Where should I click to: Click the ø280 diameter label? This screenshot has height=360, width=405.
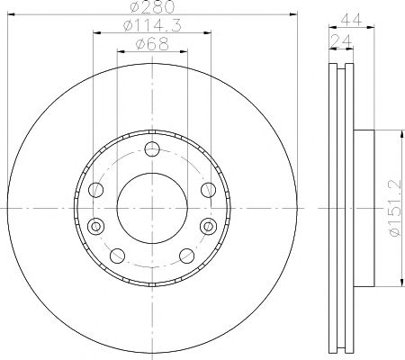point(152,6)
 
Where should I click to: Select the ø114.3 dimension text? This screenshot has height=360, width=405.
point(152,26)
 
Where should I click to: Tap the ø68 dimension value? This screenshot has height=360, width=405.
point(152,44)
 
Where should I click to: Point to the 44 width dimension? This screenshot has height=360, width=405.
point(352,20)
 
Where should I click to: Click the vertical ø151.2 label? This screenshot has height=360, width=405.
point(394,208)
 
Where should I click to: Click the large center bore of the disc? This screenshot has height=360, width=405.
point(152,208)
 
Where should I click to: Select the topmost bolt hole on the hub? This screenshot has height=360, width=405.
point(152,149)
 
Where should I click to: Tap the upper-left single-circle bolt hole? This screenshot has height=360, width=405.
point(96,190)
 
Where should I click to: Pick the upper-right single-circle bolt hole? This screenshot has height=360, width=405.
point(208,190)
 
